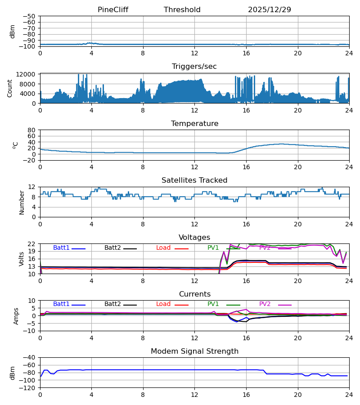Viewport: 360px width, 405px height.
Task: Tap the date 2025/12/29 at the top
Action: tap(270, 10)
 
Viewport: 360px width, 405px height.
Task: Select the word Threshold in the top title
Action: tap(182, 10)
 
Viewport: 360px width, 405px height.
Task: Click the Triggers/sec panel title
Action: tap(194, 67)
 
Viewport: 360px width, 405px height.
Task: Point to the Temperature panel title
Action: tap(194, 124)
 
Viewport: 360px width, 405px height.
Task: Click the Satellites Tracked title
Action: tap(194, 180)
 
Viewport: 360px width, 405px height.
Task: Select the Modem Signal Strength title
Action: tap(194, 351)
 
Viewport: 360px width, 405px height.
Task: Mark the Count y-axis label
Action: tap(10, 88)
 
